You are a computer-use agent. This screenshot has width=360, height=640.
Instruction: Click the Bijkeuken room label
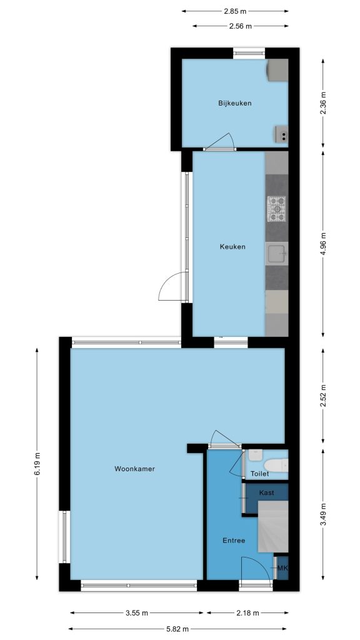(235, 103)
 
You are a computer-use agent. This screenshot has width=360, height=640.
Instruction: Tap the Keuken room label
(232, 246)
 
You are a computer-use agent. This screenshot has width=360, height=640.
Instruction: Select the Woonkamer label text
(135, 469)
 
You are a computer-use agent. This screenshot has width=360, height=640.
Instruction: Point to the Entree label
(234, 541)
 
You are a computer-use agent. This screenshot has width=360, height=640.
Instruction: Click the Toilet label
(260, 474)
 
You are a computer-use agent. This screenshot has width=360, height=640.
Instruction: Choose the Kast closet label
(266, 492)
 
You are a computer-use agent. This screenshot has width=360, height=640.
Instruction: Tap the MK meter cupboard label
(282, 567)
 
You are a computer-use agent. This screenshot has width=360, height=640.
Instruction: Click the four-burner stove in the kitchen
(277, 209)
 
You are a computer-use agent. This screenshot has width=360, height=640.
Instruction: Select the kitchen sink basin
(277, 254)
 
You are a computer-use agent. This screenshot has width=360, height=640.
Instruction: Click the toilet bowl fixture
(276, 465)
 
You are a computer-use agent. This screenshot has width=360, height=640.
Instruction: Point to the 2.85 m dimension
(235, 11)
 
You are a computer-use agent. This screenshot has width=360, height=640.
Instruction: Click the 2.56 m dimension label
(241, 26)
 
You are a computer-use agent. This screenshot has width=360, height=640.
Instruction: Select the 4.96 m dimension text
(323, 244)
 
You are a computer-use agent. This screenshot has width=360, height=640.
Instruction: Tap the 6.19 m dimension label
(37, 464)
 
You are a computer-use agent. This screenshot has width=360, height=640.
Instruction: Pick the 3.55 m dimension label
(136, 612)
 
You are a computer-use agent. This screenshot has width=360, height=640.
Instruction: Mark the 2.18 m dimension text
(247, 612)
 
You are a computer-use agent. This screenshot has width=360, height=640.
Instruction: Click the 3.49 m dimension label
(323, 514)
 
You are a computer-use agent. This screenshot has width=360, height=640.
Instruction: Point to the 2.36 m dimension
(323, 103)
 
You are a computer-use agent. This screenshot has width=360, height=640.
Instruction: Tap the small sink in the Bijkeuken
(281, 134)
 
